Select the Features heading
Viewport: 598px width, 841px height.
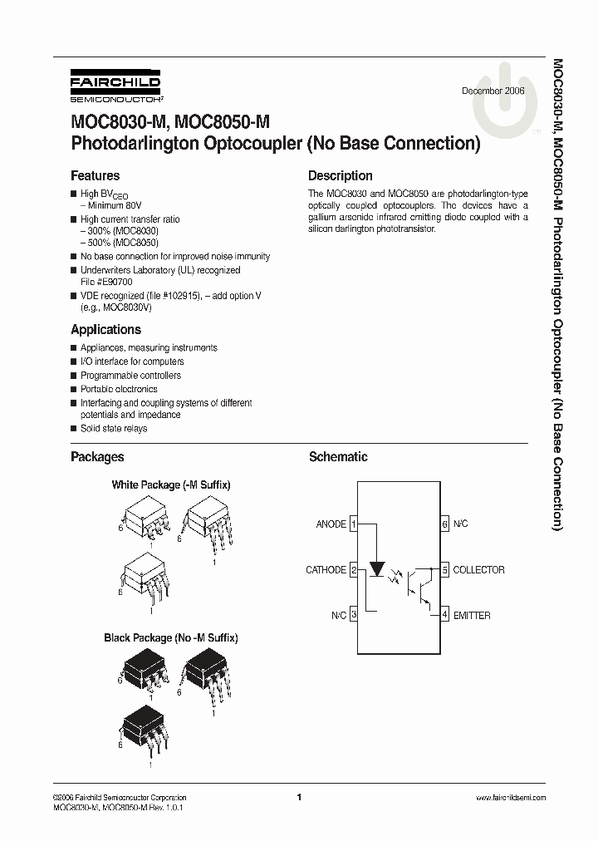point(95,176)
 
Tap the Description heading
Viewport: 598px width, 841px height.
point(340,176)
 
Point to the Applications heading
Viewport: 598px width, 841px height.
point(105,330)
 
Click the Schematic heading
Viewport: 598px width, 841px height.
point(337,457)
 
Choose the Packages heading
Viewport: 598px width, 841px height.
point(97,457)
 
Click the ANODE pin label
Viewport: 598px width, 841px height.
point(331,524)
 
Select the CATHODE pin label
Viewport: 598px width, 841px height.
point(326,570)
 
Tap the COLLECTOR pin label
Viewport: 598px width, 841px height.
point(478,570)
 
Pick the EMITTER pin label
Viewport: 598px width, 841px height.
point(472,616)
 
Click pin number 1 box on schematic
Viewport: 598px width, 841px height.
point(354,524)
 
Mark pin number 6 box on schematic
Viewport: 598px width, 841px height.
point(445,524)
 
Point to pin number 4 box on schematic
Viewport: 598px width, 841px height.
point(445,616)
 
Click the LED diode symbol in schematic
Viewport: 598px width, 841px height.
point(377,570)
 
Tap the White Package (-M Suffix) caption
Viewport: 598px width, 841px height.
point(171,484)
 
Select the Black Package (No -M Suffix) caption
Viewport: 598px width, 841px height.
point(171,638)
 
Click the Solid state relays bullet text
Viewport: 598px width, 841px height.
point(114,429)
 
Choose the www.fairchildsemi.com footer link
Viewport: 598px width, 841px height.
point(511,797)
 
